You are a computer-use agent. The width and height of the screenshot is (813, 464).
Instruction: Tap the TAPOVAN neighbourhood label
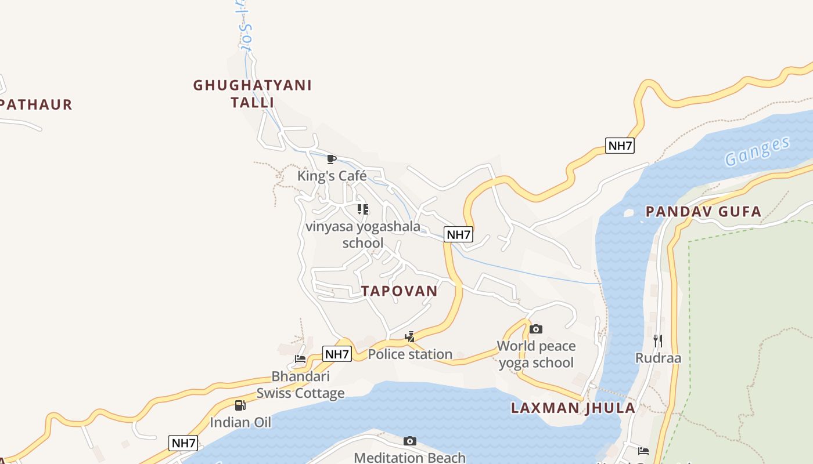point(400,291)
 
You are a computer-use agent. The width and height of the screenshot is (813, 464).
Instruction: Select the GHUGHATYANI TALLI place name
point(253,94)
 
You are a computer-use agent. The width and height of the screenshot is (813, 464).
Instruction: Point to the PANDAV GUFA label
point(703,212)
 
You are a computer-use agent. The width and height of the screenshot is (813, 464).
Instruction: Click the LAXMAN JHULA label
point(573,408)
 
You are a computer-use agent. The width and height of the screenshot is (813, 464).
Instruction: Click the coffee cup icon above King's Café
point(332,159)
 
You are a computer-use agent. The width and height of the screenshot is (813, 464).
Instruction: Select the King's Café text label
point(332,176)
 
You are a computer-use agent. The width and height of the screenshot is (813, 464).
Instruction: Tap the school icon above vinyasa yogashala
point(363,209)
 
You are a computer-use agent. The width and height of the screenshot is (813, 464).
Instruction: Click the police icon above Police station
point(410,337)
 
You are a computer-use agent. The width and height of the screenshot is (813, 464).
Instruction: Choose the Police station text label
point(410,354)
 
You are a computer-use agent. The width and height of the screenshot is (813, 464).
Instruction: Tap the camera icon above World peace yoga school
point(536,329)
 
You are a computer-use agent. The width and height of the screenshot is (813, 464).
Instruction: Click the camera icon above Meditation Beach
point(410,441)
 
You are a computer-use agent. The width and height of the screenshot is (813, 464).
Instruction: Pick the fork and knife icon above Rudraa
point(657,340)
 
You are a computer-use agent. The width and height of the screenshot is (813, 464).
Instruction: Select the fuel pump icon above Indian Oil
point(240,405)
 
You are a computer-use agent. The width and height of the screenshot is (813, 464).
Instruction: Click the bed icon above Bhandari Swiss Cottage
point(300,359)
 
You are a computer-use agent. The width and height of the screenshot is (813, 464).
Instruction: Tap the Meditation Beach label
point(410,458)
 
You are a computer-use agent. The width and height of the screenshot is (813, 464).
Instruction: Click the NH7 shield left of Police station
point(337,354)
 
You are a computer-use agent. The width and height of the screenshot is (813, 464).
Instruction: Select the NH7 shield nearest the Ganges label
point(620,146)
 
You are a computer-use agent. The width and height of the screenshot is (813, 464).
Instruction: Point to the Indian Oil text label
point(240,422)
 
